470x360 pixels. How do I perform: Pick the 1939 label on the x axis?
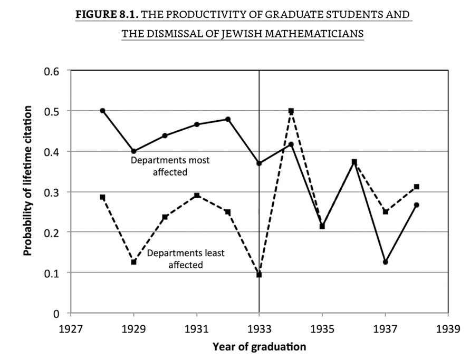coord(448,328)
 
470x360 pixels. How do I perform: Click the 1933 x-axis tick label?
coord(260,328)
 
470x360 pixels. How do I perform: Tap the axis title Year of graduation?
coord(259,346)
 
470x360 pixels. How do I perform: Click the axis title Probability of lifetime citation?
coord(27,180)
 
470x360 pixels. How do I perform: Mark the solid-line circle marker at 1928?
coord(102,111)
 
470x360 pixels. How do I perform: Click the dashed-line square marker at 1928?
coord(102,197)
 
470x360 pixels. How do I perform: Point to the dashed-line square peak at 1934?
coord(291,111)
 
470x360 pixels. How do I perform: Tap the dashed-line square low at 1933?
coord(259,275)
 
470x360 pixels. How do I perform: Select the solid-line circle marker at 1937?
coord(385,262)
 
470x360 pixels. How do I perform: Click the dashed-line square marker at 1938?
coord(416,187)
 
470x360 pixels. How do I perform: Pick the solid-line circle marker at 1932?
coord(228,119)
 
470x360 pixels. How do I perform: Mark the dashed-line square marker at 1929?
coord(133,262)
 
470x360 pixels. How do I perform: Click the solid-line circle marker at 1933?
coord(259,163)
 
